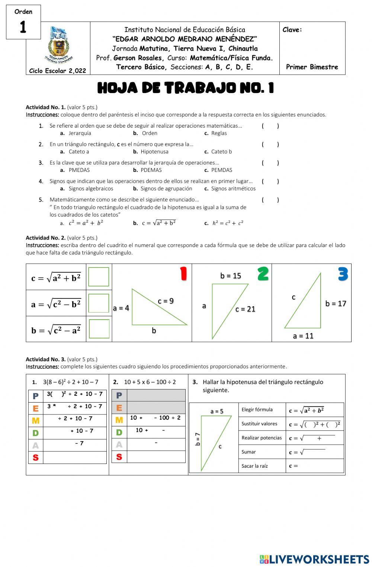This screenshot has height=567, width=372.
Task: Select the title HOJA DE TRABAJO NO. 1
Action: (186, 88)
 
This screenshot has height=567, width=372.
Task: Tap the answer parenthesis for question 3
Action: (270, 163)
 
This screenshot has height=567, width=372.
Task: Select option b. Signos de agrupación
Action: (163, 189)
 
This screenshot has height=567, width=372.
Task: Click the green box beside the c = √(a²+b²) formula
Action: (99, 277)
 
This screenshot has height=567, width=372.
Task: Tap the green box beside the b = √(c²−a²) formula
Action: (99, 329)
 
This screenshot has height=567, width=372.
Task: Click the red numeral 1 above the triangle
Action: (183, 274)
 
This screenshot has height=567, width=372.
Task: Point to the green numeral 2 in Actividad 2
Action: (263, 274)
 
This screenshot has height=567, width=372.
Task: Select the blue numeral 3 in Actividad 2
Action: (343, 274)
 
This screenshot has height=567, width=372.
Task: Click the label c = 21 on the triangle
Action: (245, 309)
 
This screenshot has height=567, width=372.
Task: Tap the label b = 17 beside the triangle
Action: (336, 304)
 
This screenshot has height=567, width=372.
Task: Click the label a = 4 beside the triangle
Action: (121, 308)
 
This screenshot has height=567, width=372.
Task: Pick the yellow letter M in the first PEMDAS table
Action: (36, 420)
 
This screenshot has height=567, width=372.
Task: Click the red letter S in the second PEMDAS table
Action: (119, 457)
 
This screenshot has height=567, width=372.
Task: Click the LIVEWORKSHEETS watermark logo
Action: (314, 559)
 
